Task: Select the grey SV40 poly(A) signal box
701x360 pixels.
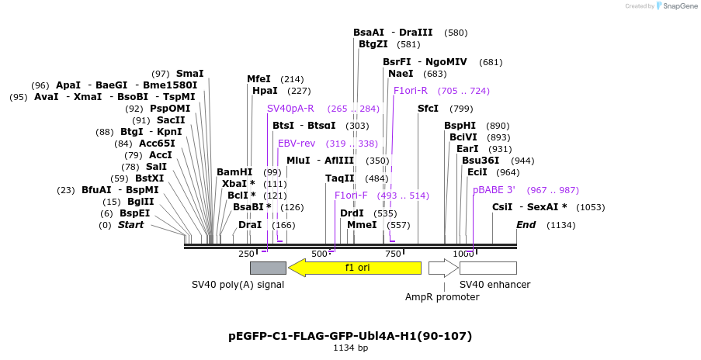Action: (x=268, y=268)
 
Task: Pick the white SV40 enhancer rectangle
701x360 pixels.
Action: (x=488, y=268)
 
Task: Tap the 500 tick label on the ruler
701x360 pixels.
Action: (x=319, y=254)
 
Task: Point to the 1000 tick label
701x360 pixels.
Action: (x=463, y=254)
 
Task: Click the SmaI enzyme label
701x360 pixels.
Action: (x=190, y=74)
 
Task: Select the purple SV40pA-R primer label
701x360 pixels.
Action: (x=290, y=109)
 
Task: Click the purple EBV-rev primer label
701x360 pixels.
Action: (x=297, y=144)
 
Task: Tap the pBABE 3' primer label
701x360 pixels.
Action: (x=494, y=190)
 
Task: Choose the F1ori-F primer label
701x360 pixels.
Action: (x=351, y=196)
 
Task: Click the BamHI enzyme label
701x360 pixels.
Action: (x=234, y=172)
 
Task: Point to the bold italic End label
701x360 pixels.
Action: (x=526, y=225)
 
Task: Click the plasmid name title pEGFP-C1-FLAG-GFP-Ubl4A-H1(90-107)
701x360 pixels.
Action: (x=350, y=336)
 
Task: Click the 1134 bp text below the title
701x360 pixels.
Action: (x=350, y=348)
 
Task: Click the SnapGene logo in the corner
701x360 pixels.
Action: (x=674, y=6)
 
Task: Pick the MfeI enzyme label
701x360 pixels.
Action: (x=259, y=79)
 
